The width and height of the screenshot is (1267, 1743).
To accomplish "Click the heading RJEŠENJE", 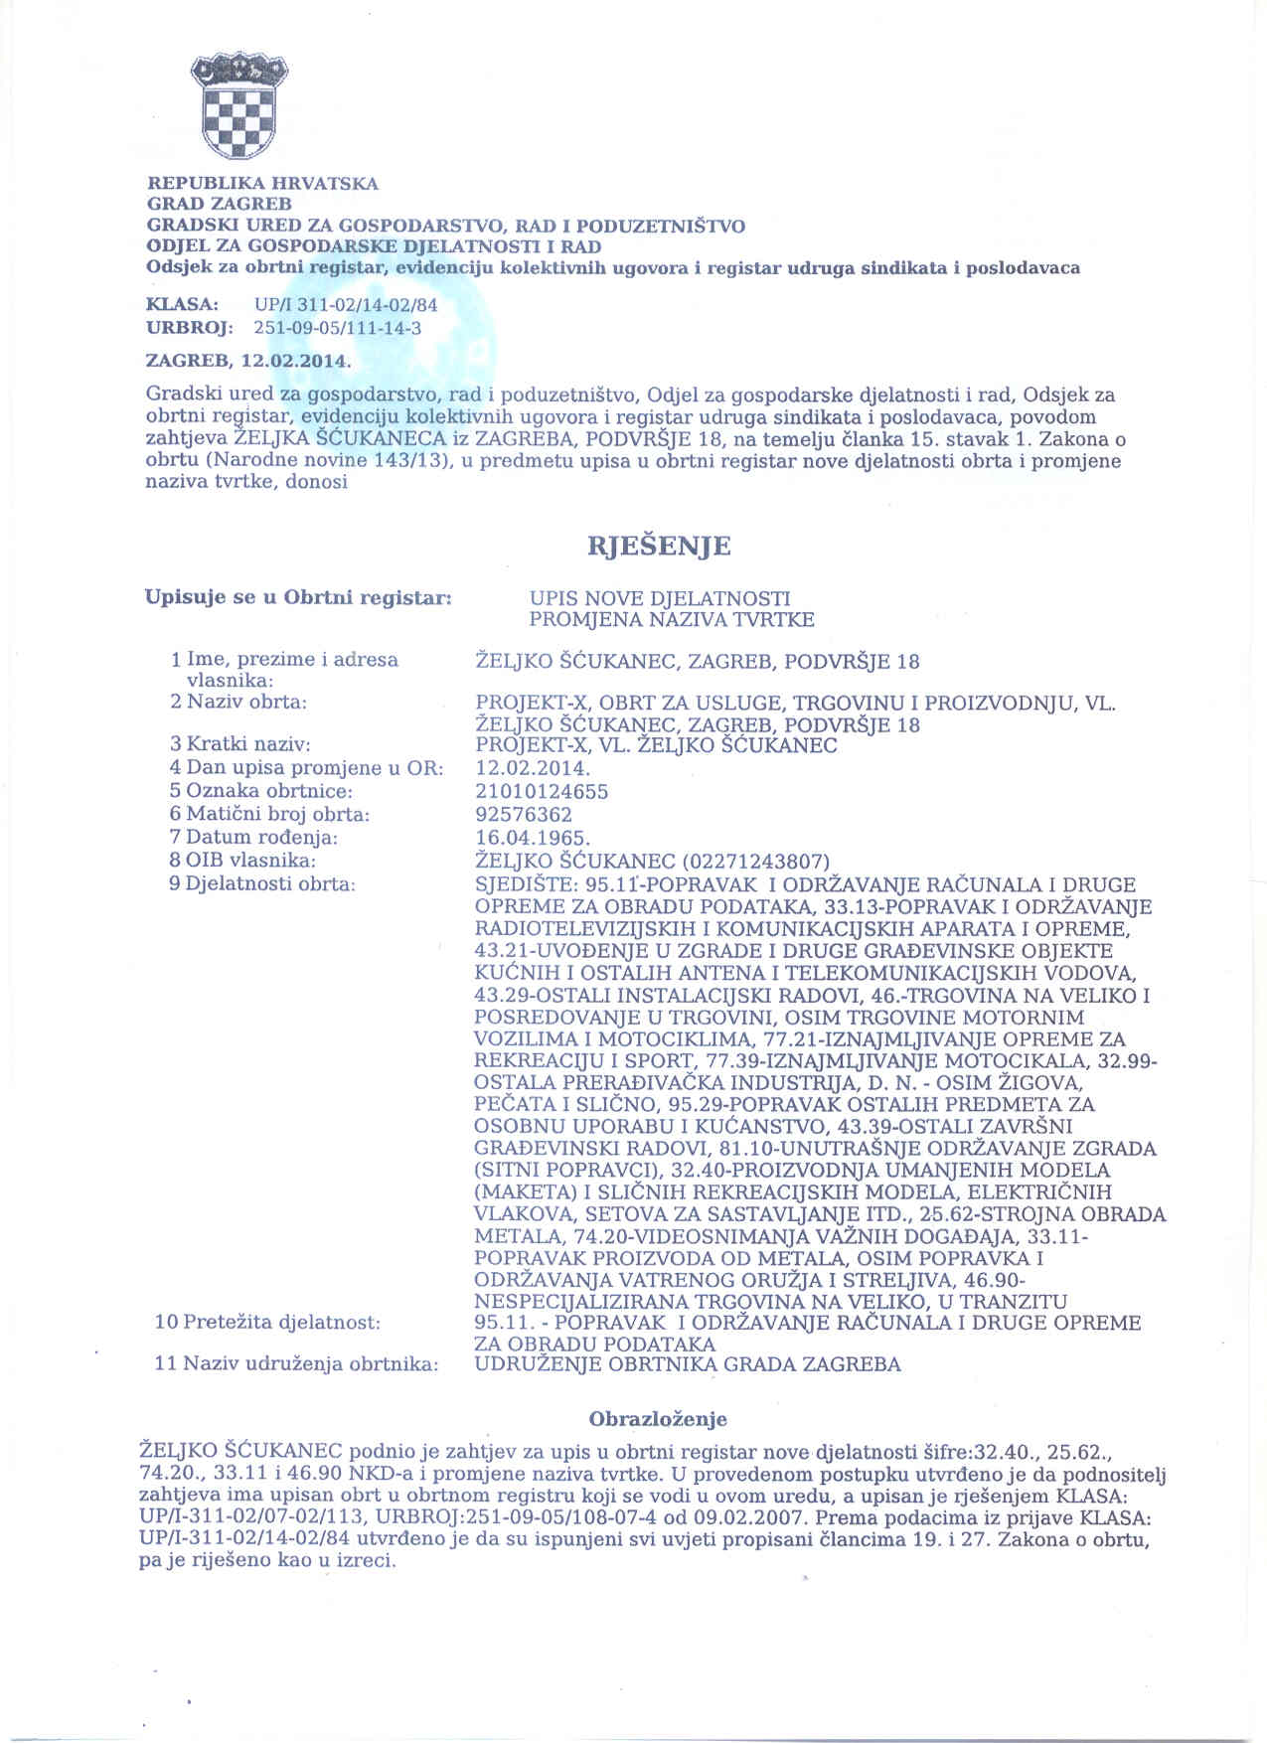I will [659, 547].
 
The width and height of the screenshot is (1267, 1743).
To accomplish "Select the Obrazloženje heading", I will [658, 1419].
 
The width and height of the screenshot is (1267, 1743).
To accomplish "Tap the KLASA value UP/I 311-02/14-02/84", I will [346, 305].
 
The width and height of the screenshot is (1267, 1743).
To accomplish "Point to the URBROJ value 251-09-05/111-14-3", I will [338, 328].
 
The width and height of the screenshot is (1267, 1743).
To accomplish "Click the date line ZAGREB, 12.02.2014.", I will [248, 360].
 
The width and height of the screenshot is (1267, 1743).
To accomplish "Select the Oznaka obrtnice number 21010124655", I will [542, 791].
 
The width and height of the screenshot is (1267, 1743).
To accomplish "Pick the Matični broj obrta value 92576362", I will [524, 814].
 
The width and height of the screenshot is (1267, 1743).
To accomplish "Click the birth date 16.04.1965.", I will [534, 837].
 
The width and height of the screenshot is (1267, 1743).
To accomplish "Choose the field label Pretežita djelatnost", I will [267, 1323].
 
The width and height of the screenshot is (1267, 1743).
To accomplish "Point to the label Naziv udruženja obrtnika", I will [296, 1364].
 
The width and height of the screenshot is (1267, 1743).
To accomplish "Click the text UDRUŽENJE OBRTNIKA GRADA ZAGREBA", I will [688, 1364].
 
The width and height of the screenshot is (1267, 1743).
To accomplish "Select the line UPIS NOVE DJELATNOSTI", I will [660, 598].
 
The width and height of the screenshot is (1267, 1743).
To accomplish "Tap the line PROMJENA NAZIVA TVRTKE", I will [671, 620].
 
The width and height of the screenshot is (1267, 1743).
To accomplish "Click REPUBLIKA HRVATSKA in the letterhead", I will [262, 184].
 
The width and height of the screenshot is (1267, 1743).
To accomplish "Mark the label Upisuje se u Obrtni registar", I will [298, 598].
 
